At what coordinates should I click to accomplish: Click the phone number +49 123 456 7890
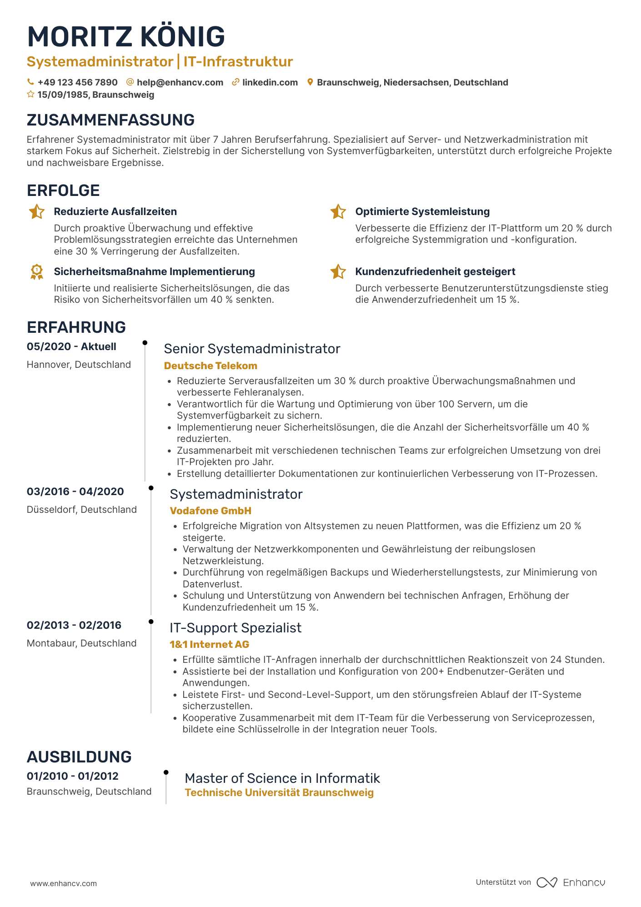(x=77, y=82)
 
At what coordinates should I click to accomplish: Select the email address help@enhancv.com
(x=180, y=82)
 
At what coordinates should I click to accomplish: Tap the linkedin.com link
(x=270, y=82)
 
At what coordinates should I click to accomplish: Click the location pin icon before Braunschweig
(x=310, y=82)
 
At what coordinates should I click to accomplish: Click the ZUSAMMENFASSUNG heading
(x=110, y=120)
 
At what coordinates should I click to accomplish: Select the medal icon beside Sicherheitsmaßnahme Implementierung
(x=37, y=272)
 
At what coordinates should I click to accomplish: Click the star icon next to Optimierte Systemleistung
(x=338, y=212)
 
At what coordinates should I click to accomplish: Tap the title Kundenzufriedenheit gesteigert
(x=435, y=271)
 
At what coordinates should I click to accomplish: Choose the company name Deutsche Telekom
(x=210, y=366)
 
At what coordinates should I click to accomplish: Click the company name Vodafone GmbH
(x=210, y=511)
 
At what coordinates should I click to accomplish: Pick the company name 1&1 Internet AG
(x=209, y=644)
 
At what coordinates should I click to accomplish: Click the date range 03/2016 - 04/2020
(x=75, y=491)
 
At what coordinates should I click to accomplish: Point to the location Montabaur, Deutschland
(x=82, y=643)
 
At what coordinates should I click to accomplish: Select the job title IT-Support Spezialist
(x=235, y=628)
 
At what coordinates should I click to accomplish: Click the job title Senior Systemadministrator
(x=252, y=349)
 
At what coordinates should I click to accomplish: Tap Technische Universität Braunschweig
(x=279, y=792)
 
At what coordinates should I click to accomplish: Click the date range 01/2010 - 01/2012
(x=73, y=776)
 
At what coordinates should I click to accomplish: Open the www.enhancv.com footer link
(x=64, y=883)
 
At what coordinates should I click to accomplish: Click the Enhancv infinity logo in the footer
(x=546, y=882)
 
